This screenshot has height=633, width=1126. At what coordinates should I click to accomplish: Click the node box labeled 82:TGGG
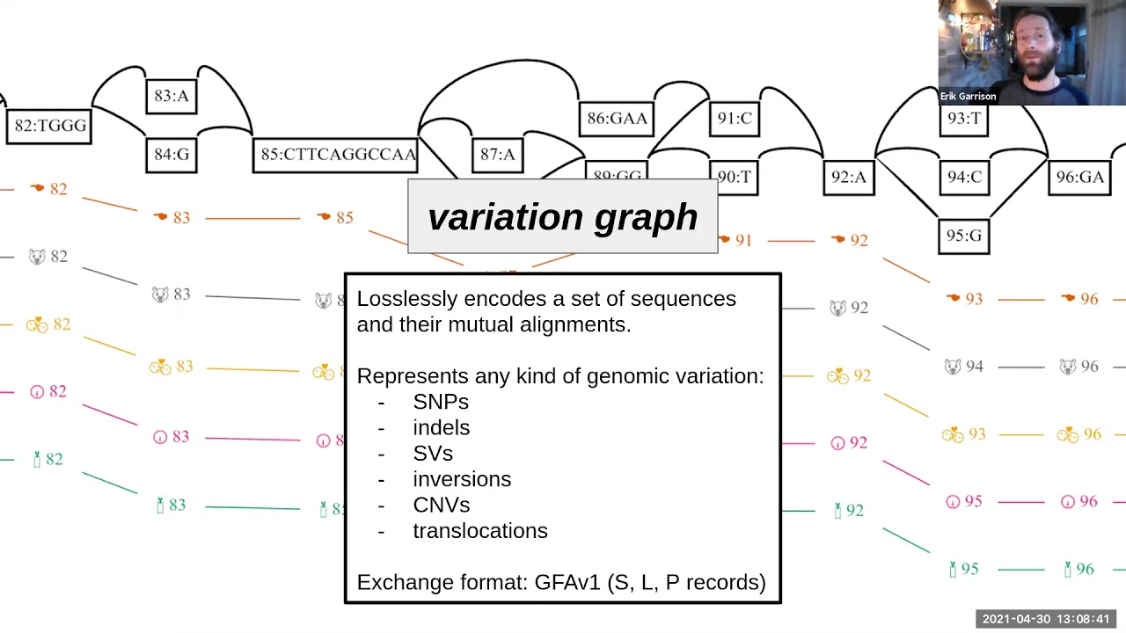click(49, 126)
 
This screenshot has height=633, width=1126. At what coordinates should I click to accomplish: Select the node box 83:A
click(172, 96)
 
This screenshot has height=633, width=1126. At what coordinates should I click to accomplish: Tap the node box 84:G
click(172, 155)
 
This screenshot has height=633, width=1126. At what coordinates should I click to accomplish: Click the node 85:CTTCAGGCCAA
click(337, 155)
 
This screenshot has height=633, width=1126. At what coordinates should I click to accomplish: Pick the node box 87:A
click(497, 155)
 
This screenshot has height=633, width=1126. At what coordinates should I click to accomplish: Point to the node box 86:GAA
click(617, 119)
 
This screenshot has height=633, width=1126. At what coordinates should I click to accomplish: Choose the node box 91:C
click(734, 119)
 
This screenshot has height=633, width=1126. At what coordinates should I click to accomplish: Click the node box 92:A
click(849, 178)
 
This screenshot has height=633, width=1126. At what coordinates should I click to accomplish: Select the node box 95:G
click(964, 236)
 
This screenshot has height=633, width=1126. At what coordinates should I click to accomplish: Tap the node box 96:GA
click(1079, 178)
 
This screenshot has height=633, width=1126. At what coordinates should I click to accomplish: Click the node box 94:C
click(964, 178)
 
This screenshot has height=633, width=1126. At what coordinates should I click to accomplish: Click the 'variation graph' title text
click(563, 217)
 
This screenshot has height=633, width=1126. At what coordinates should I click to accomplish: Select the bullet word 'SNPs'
click(441, 402)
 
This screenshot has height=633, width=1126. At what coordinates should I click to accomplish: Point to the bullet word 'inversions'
click(462, 479)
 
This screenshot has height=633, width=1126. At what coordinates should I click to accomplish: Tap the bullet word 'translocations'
click(480, 531)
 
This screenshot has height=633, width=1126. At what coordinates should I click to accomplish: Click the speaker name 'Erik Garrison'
click(968, 97)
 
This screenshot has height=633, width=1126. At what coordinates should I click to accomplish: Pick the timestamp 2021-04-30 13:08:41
click(1046, 619)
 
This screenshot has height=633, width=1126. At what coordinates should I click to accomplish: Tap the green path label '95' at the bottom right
click(969, 570)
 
